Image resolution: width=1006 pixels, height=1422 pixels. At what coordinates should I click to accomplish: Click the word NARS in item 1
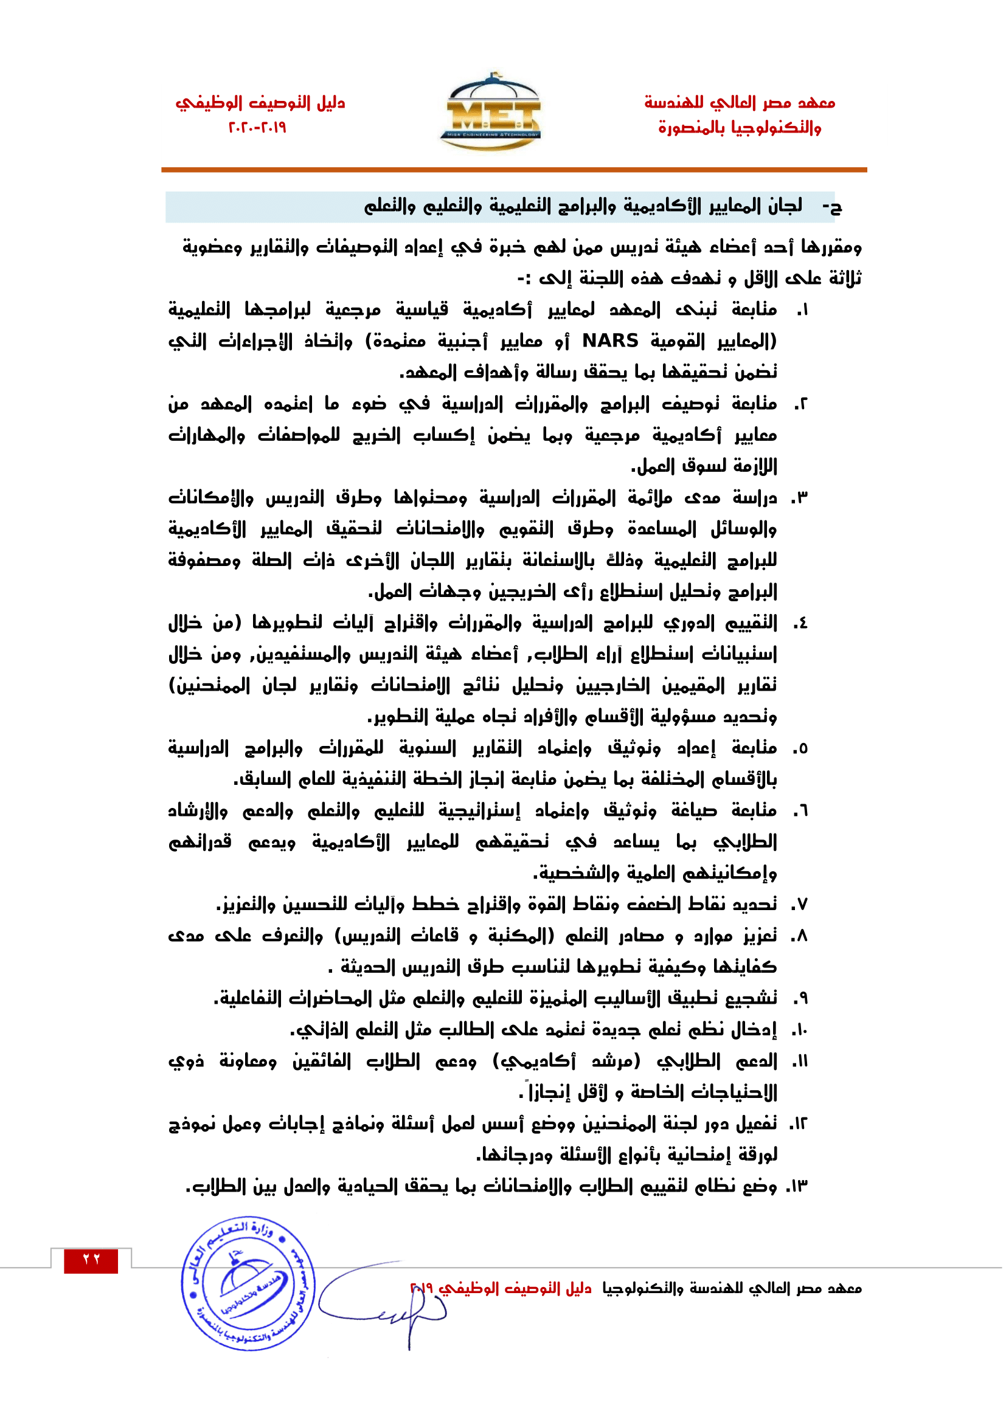(610, 340)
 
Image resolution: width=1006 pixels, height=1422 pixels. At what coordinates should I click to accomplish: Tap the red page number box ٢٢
(91, 1260)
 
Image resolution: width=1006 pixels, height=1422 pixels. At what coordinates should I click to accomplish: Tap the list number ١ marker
(802, 310)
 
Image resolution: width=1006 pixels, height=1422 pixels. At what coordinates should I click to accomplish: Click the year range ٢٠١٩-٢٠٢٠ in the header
(258, 128)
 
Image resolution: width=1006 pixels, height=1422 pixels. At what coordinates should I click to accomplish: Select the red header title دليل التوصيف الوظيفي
(260, 102)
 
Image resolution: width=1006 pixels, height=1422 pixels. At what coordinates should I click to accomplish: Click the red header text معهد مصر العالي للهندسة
(740, 102)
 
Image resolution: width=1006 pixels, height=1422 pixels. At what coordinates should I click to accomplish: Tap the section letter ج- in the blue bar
(832, 207)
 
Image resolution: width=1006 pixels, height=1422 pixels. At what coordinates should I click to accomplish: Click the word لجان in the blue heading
(785, 205)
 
